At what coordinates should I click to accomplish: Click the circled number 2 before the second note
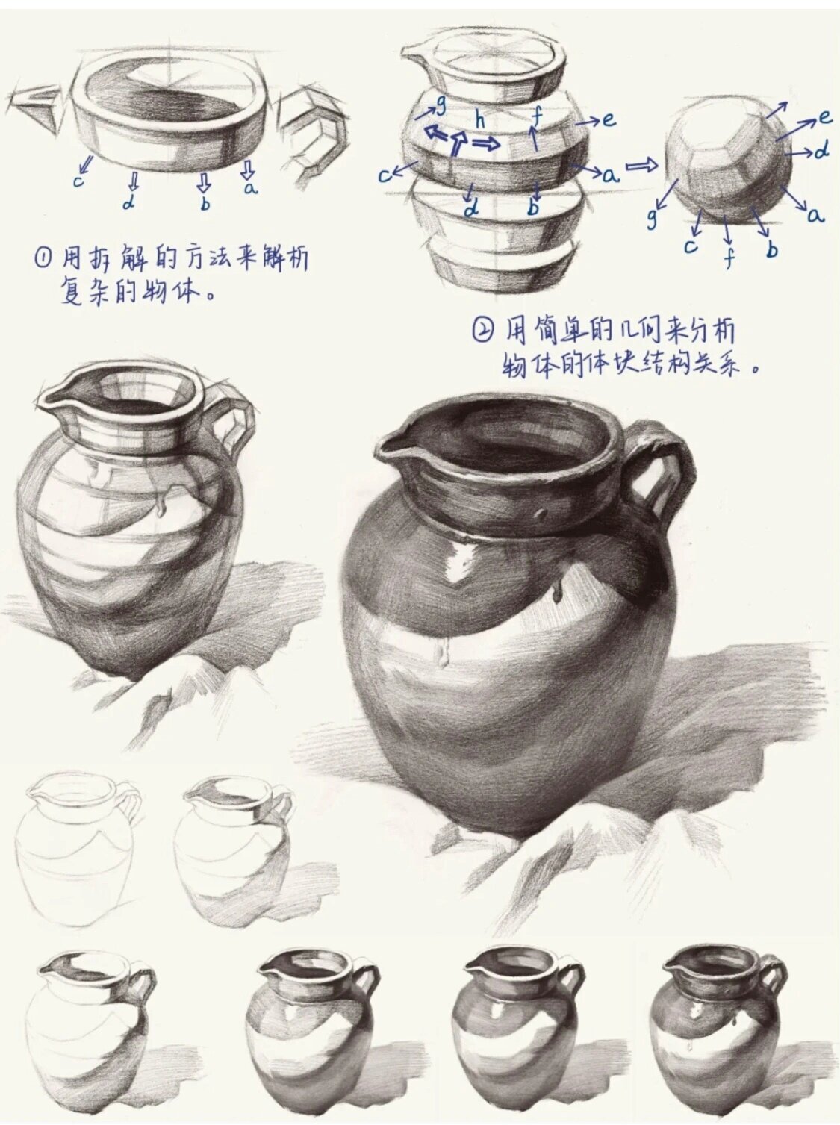[484, 329]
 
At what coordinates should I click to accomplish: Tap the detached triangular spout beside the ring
[37, 106]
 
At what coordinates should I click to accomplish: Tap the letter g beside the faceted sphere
[652, 217]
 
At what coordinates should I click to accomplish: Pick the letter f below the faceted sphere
[729, 258]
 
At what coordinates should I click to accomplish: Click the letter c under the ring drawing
[78, 180]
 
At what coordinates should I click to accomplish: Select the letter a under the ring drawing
[250, 187]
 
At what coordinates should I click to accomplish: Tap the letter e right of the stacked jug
[609, 119]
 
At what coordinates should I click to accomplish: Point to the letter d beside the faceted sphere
[821, 152]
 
